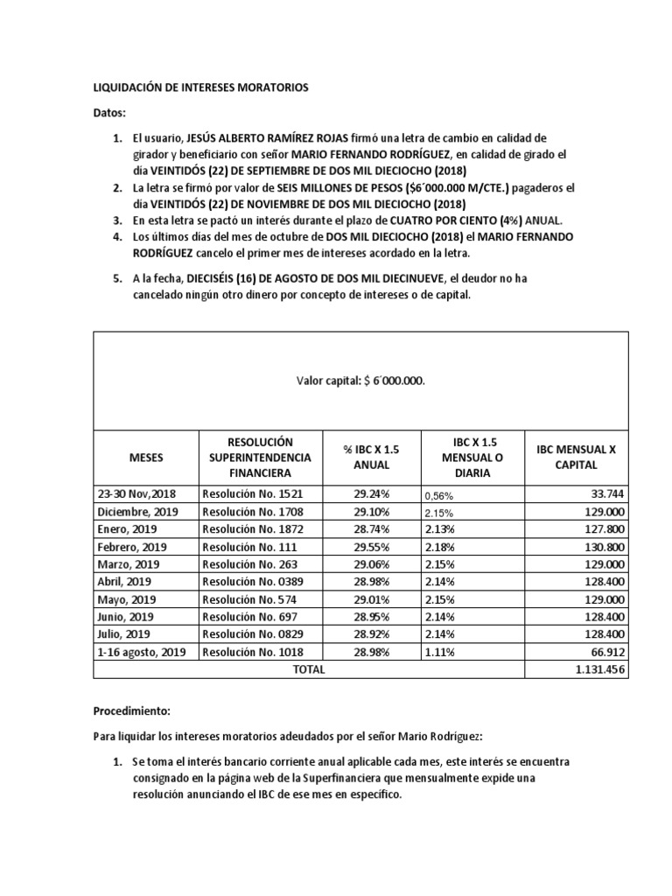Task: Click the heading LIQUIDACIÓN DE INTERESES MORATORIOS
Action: click(200, 87)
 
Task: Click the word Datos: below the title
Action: click(109, 113)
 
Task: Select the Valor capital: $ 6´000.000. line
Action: click(360, 381)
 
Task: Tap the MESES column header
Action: click(145, 457)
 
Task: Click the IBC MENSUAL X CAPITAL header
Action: click(575, 457)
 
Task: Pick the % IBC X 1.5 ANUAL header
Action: click(371, 457)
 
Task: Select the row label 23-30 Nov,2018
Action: click(136, 493)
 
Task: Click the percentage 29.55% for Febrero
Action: click(371, 547)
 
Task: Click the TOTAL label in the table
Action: click(308, 669)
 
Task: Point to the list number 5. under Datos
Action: click(118, 277)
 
